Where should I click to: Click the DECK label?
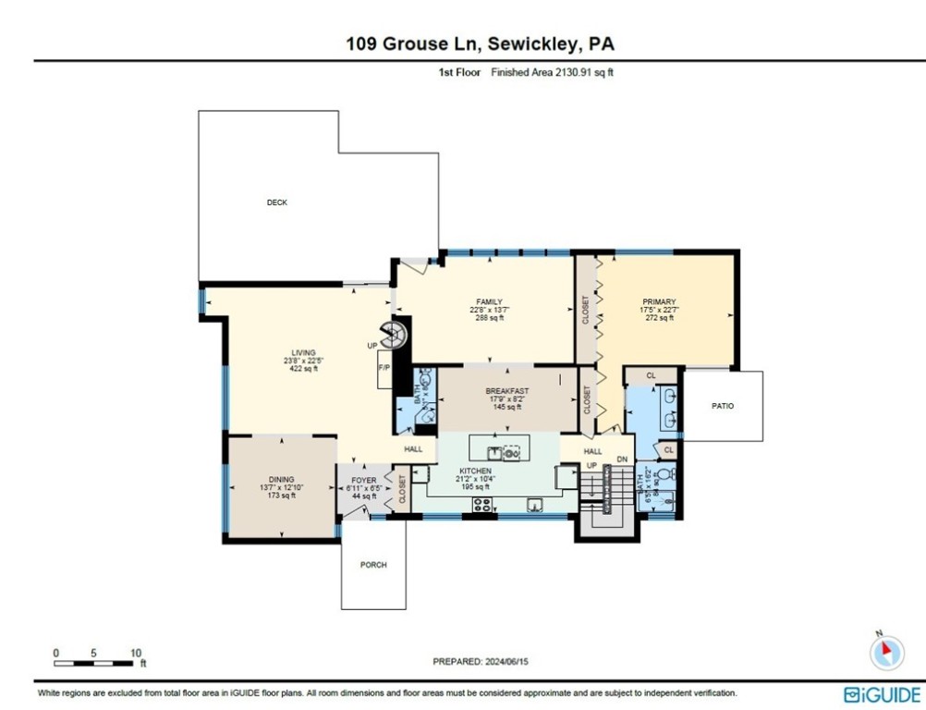pos(276,202)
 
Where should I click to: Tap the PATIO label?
pos(723,406)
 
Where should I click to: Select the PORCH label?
pos(373,565)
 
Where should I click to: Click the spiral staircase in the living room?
pos(395,335)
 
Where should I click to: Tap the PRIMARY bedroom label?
pos(659,302)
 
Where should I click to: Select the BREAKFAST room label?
pos(507,391)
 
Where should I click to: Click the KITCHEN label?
pos(476,471)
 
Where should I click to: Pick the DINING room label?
pos(281,480)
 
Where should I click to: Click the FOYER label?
pos(364,481)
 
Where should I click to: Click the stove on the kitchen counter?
pos(482,505)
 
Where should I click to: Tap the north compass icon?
pos(886,652)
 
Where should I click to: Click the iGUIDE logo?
pos(883,694)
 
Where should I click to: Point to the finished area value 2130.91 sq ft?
pos(577,71)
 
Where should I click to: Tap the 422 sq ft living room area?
pos(303,368)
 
